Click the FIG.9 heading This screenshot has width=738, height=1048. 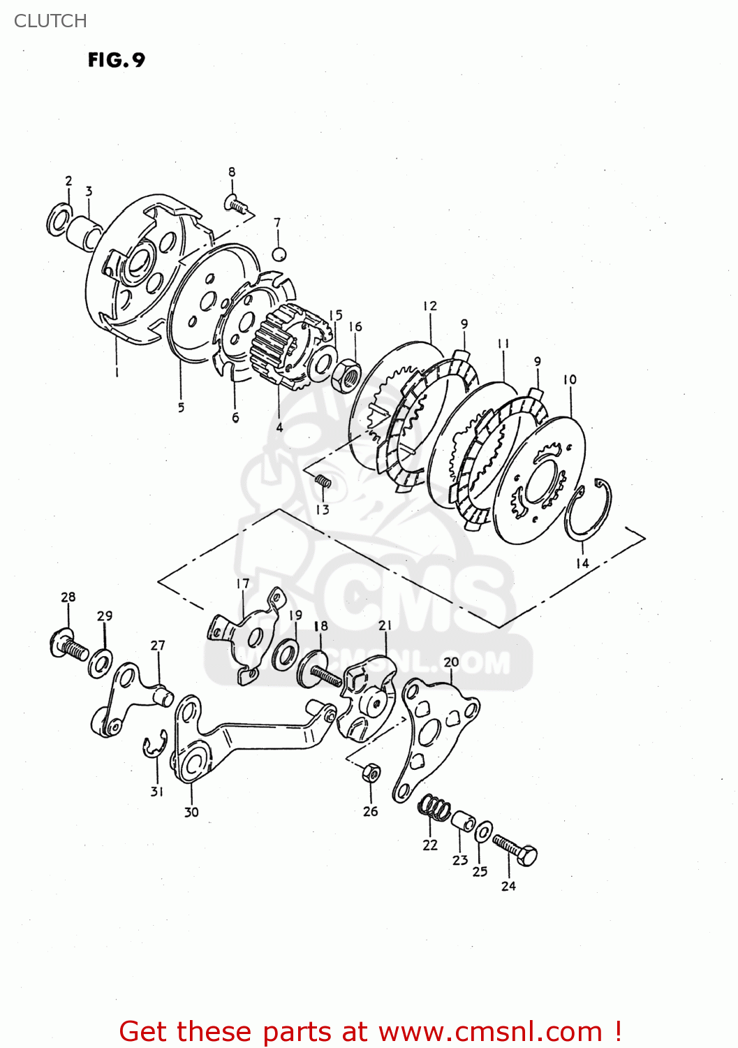pos(116,60)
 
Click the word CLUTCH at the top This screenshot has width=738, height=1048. pos(50,21)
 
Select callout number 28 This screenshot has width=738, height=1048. pos(68,597)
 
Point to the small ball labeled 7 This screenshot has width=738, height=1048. pos(279,254)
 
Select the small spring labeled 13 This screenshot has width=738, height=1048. pos(322,481)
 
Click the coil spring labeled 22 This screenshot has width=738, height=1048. pos(434,808)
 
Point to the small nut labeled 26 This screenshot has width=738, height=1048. pos(371,773)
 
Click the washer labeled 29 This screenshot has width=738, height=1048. pos(101,662)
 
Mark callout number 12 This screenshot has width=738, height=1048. pos(429,305)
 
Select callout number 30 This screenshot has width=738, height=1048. pos(191,812)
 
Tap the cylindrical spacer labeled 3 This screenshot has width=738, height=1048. pos(85,230)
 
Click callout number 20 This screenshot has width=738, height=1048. pos(451,661)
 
